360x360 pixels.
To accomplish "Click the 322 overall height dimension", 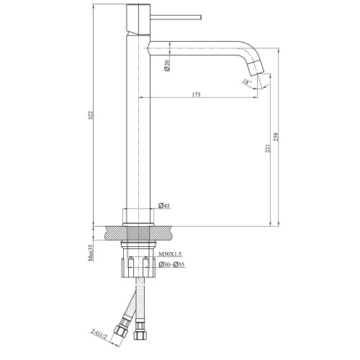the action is point(90,115).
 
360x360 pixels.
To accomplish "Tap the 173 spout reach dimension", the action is point(196,94).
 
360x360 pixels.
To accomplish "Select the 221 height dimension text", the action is point(268,148).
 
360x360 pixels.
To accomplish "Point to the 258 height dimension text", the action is point(276,137).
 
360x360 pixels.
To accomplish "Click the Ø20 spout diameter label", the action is point(167,66).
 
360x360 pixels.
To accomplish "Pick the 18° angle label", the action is point(247,81).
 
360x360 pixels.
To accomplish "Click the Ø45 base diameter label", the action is point(164,205).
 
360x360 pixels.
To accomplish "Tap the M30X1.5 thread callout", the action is point(170,253).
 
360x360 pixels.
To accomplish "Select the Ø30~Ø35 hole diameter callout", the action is point(171,264).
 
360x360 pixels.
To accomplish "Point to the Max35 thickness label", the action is point(90,253).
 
